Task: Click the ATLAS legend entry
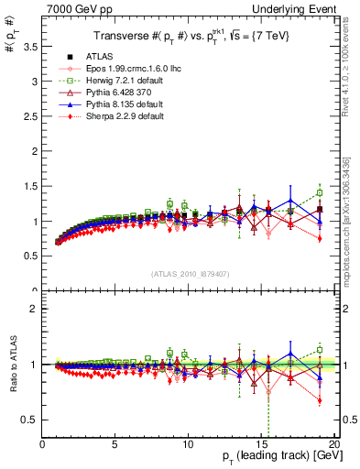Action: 100,56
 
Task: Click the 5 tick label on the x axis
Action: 115,444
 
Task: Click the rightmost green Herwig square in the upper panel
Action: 319,192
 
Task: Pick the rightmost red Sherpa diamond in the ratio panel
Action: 319,400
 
